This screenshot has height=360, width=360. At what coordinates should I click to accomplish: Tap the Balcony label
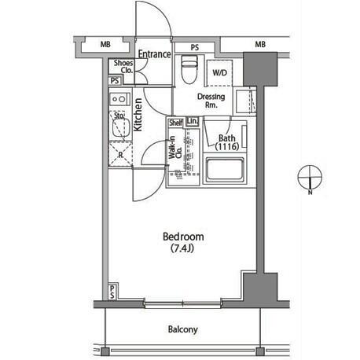(183, 329)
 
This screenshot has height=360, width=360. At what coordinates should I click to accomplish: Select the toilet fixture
(189, 69)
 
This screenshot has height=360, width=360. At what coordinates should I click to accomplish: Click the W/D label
(219, 72)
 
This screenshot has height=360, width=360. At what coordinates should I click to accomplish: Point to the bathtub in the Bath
(225, 169)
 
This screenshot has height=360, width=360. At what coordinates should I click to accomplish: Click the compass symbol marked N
(310, 178)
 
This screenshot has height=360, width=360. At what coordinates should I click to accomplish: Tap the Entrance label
(155, 54)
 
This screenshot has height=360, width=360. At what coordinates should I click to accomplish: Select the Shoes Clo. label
(123, 67)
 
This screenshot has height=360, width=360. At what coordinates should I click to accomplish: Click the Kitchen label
(138, 115)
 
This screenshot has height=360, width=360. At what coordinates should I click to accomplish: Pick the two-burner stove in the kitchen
(119, 99)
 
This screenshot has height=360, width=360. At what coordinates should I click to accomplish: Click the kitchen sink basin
(121, 127)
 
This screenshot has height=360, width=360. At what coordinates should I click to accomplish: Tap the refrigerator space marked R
(120, 154)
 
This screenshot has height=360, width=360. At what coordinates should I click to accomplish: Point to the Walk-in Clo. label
(175, 148)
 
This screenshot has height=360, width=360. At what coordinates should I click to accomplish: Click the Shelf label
(175, 123)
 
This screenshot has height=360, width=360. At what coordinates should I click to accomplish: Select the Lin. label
(193, 121)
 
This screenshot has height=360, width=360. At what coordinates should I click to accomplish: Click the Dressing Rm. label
(211, 101)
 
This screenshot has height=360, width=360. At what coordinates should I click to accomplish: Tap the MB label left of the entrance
(105, 45)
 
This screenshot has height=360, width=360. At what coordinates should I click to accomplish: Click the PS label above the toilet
(195, 47)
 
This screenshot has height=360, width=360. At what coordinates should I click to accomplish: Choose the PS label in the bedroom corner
(112, 292)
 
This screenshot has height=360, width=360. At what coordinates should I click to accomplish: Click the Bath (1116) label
(227, 142)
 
